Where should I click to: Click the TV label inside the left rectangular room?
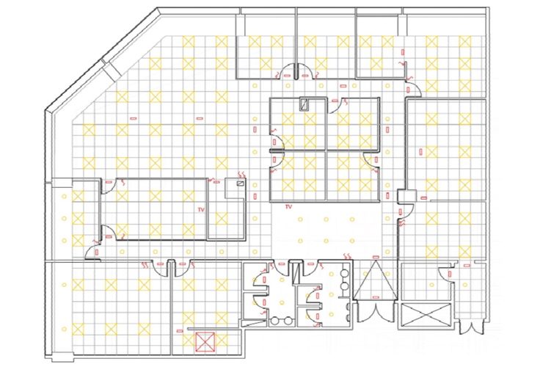tap(201, 209)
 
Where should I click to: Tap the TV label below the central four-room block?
tap(288, 207)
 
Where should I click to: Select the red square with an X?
tap(205, 342)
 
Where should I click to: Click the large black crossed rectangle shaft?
tap(426, 316)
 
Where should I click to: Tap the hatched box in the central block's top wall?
tap(304, 104)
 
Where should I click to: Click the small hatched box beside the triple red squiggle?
tap(241, 183)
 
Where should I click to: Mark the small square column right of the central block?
tap(406, 196)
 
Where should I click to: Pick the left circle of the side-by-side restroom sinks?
tap(275, 321)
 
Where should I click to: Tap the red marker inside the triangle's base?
tap(376, 297)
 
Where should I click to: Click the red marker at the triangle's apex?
tap(376, 258)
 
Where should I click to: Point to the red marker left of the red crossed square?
tap(180, 331)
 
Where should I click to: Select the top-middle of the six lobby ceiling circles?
tap(326, 219)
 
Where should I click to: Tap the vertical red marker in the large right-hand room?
tap(421, 152)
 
